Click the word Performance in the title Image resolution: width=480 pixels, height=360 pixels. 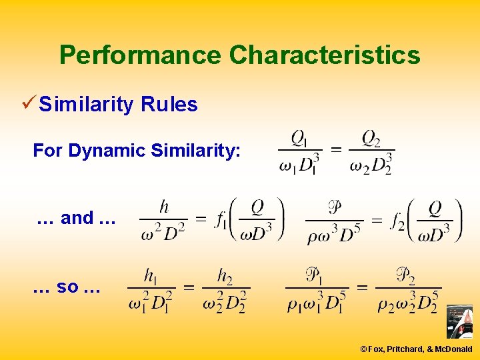[x=141, y=55]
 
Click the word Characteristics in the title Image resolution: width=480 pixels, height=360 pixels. [x=325, y=55]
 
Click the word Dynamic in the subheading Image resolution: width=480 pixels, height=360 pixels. [x=107, y=151]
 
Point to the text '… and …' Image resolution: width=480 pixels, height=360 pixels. [x=77, y=218]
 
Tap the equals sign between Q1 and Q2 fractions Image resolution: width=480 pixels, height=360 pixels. [x=337, y=150]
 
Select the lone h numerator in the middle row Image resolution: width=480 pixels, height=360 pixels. [x=163, y=207]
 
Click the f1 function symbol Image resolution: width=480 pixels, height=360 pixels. [x=221, y=221]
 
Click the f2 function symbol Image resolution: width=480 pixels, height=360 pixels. [x=397, y=221]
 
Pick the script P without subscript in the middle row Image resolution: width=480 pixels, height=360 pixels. [x=335, y=207]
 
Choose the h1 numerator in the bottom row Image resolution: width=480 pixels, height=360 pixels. [x=152, y=275]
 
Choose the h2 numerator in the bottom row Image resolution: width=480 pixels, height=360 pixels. [x=225, y=275]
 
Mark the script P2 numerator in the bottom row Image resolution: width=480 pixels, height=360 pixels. [x=406, y=275]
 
